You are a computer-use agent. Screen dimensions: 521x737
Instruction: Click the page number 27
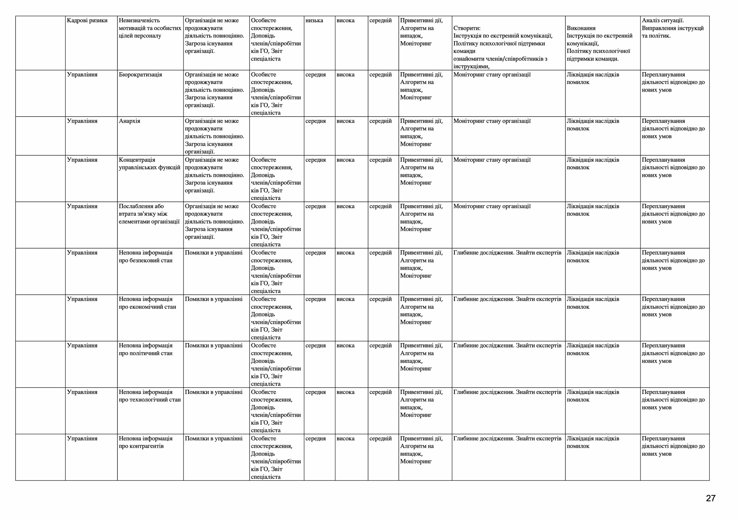click(x=711, y=498)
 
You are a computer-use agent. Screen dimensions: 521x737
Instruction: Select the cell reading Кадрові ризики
click(x=87, y=21)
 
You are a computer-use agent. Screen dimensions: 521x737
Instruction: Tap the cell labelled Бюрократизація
click(x=140, y=75)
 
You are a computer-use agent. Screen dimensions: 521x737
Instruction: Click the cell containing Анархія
click(x=130, y=121)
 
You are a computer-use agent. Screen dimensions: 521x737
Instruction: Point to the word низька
click(x=314, y=21)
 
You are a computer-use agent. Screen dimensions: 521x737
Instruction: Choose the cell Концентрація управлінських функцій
click(x=150, y=164)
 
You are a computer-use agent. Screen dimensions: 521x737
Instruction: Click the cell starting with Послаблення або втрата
click(x=149, y=214)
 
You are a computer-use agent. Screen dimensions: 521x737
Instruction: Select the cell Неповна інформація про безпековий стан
click(x=146, y=257)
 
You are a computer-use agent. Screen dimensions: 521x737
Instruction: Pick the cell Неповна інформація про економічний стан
click(x=147, y=303)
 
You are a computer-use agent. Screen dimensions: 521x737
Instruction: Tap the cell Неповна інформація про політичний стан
click(x=146, y=350)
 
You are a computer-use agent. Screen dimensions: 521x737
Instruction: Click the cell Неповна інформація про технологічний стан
click(x=150, y=396)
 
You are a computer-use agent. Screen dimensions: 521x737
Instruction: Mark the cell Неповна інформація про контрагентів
click(x=146, y=442)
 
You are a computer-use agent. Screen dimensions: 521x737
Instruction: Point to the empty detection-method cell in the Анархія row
click(x=276, y=136)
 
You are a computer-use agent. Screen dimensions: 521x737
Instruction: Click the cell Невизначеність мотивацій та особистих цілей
click(x=150, y=28)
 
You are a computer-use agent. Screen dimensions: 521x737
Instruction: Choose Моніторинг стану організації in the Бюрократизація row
click(x=492, y=75)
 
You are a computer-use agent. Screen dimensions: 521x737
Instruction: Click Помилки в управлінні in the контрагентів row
click(x=214, y=439)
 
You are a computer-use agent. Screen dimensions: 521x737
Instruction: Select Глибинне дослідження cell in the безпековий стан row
click(x=507, y=253)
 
